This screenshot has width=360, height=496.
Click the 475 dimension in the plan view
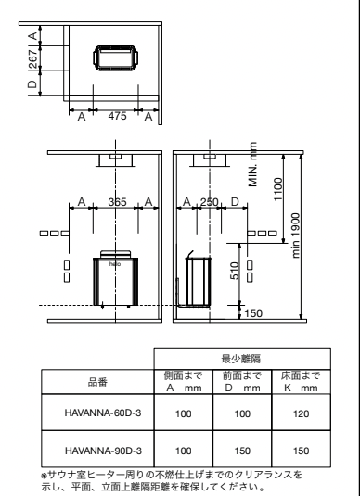tap(116, 117)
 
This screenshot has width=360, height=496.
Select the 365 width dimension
tap(116, 202)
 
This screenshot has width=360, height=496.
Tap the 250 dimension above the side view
tap(211, 202)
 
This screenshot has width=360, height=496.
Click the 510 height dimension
tap(236, 272)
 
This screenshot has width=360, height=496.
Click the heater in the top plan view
tap(115, 57)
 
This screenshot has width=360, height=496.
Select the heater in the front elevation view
tap(116, 279)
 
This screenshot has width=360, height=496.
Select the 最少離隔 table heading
tap(240, 356)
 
